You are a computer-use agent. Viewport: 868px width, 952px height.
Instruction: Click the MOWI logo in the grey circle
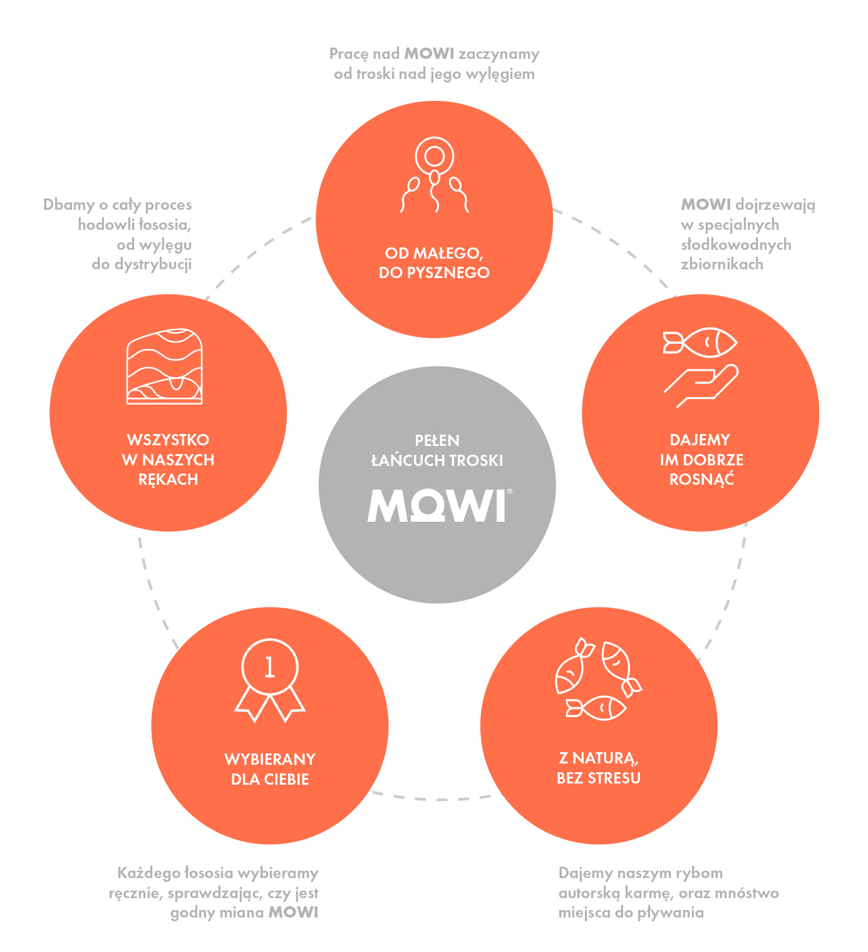coord(437,505)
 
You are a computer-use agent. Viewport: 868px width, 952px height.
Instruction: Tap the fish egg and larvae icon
coord(434,175)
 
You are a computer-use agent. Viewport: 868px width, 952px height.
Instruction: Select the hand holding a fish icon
coord(701,367)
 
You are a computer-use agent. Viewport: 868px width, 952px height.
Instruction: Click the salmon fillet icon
coord(165,366)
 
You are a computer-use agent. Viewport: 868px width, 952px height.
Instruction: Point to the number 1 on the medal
coord(270,668)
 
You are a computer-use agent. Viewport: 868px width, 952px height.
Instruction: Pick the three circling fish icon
coord(597,680)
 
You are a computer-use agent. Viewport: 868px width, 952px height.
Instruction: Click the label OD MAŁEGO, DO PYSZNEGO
coord(434,263)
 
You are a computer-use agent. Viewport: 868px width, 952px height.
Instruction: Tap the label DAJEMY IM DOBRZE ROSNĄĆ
coord(701,460)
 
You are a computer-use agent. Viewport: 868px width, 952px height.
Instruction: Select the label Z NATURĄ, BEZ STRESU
coord(599,768)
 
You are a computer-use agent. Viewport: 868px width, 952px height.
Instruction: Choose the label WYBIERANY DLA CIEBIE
coord(270,769)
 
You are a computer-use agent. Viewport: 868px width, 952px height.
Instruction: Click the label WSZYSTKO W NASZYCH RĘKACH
coord(168,460)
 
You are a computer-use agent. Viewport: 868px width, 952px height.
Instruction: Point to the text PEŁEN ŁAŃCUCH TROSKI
coord(437,450)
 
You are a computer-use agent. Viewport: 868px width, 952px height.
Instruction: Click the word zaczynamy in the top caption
coord(499,54)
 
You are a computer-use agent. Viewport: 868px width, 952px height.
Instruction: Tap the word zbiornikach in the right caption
coord(722,264)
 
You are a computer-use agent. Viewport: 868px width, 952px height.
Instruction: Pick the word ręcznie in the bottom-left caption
coord(135,893)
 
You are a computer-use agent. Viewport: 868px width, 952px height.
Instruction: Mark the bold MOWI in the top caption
coord(429,54)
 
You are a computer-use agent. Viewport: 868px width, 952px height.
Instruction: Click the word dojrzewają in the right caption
coord(775,205)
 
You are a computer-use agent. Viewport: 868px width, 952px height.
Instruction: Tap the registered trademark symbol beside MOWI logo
coord(509,492)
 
